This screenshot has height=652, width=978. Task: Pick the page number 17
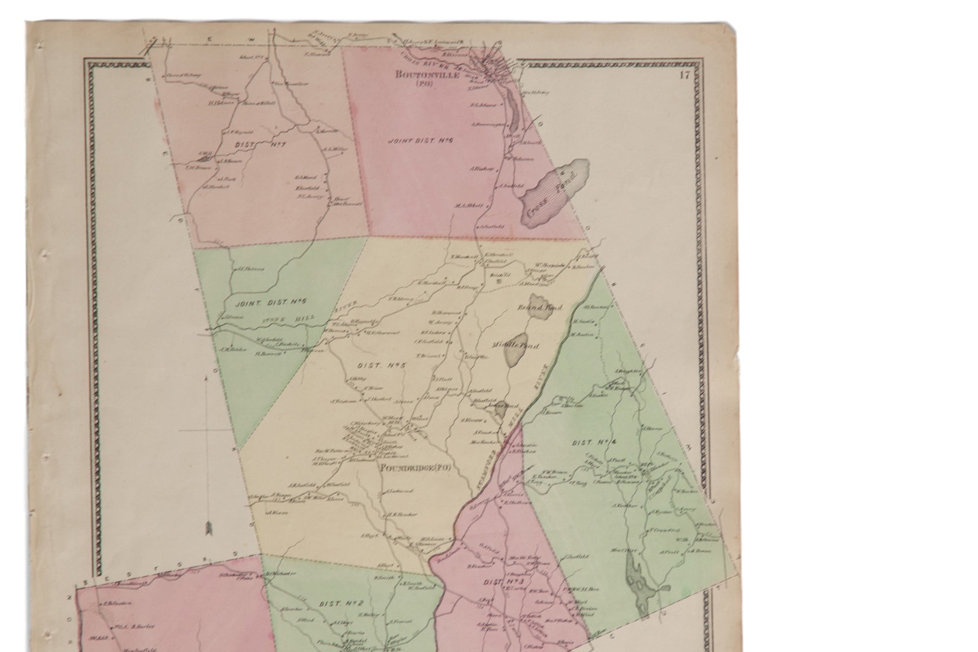[685, 75]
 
